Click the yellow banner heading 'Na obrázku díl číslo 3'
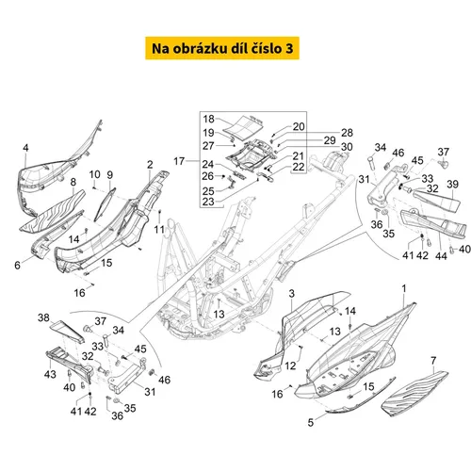pyautogui.click(x=222, y=48)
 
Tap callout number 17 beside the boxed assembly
pyautogui.click(x=179, y=161)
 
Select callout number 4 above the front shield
pyautogui.click(x=25, y=148)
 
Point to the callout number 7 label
pyautogui.click(x=433, y=361)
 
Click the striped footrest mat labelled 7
pyautogui.click(x=414, y=394)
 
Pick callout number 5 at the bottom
pyautogui.click(x=311, y=422)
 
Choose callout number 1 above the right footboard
pyautogui.click(x=404, y=288)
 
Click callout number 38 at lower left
pyautogui.click(x=43, y=317)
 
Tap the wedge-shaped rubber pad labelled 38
pyautogui.click(x=67, y=331)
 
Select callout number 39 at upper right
pyautogui.click(x=452, y=185)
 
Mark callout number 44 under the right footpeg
pyautogui.click(x=441, y=256)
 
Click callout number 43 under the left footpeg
pyautogui.click(x=50, y=374)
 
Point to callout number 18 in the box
pyautogui.click(x=208, y=119)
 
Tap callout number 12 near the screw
pyautogui.click(x=290, y=365)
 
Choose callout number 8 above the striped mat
pyautogui.click(x=73, y=182)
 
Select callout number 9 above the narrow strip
pyautogui.click(x=110, y=175)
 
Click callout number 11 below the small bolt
pyautogui.click(x=159, y=230)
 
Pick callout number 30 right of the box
pyautogui.click(x=347, y=147)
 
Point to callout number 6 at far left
pyautogui.click(x=18, y=266)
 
